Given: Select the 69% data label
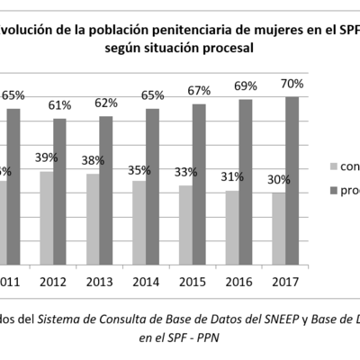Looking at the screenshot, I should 245,86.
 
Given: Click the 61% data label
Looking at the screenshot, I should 61,105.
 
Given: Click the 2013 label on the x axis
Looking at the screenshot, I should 99,282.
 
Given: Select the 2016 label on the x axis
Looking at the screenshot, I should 238,282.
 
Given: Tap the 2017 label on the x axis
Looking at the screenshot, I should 285,282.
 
